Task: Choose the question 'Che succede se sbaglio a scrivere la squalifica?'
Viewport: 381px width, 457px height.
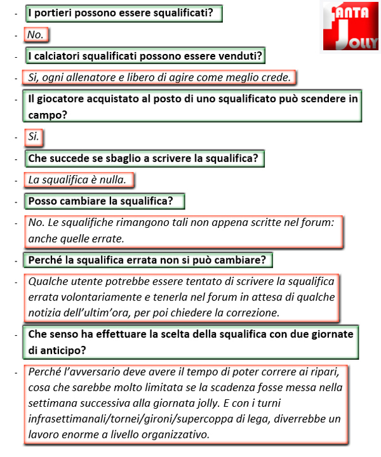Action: [x=144, y=159]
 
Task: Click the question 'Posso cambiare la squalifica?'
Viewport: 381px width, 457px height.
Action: [x=105, y=201]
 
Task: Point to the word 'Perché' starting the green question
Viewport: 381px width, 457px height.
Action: [x=44, y=260]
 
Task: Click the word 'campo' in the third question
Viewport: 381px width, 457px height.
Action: [x=44, y=115]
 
